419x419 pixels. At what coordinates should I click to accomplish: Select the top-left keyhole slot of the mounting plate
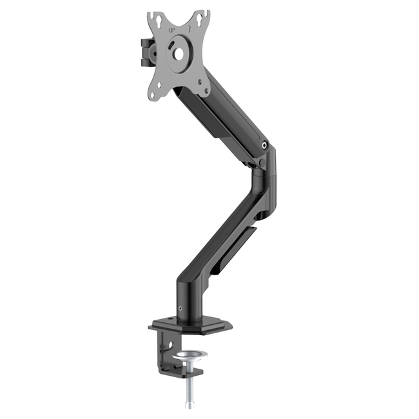(x=154, y=18)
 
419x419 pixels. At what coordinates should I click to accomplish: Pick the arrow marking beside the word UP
(x=191, y=28)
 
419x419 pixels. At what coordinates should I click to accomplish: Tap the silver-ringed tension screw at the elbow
(x=266, y=146)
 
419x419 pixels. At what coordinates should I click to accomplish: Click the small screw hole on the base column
(x=179, y=308)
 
